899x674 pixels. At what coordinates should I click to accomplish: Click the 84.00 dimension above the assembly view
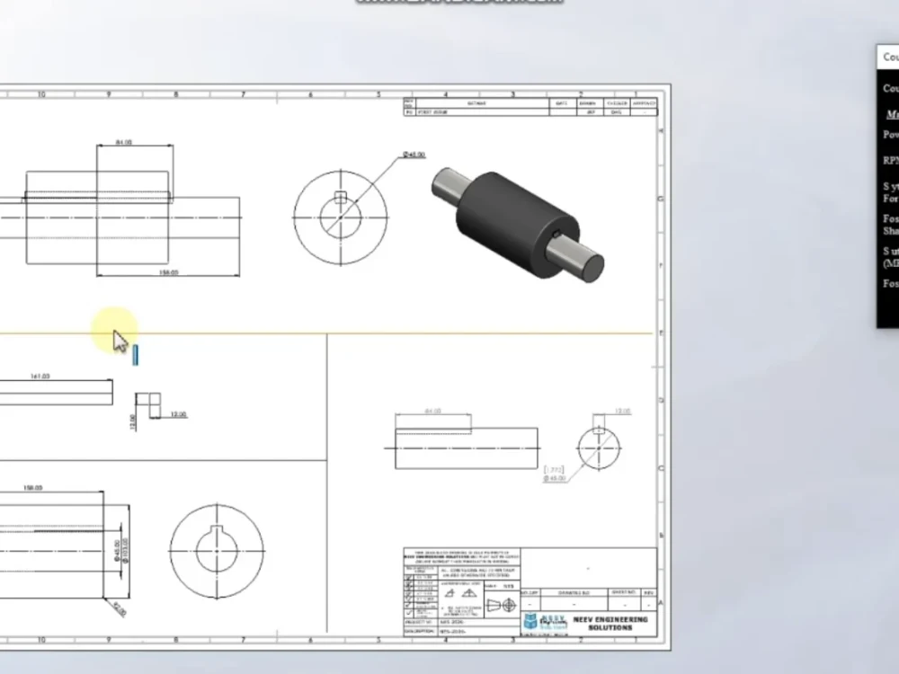pyautogui.click(x=125, y=142)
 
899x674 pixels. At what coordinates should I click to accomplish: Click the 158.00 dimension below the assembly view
pyautogui.click(x=168, y=272)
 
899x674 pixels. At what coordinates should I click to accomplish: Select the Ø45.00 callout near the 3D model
pyautogui.click(x=414, y=155)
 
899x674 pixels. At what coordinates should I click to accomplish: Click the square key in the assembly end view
pyautogui.click(x=340, y=198)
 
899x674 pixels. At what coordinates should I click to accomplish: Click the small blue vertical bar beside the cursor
pyautogui.click(x=136, y=355)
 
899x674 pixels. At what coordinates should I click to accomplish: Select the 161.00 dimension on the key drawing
pyautogui.click(x=40, y=377)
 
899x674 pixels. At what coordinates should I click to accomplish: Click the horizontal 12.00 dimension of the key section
pyautogui.click(x=178, y=414)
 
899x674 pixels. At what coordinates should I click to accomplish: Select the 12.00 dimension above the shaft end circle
pyautogui.click(x=622, y=411)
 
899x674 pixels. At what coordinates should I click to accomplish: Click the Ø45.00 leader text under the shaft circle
pyautogui.click(x=555, y=479)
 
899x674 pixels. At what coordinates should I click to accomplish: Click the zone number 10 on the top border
pyautogui.click(x=41, y=93)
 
